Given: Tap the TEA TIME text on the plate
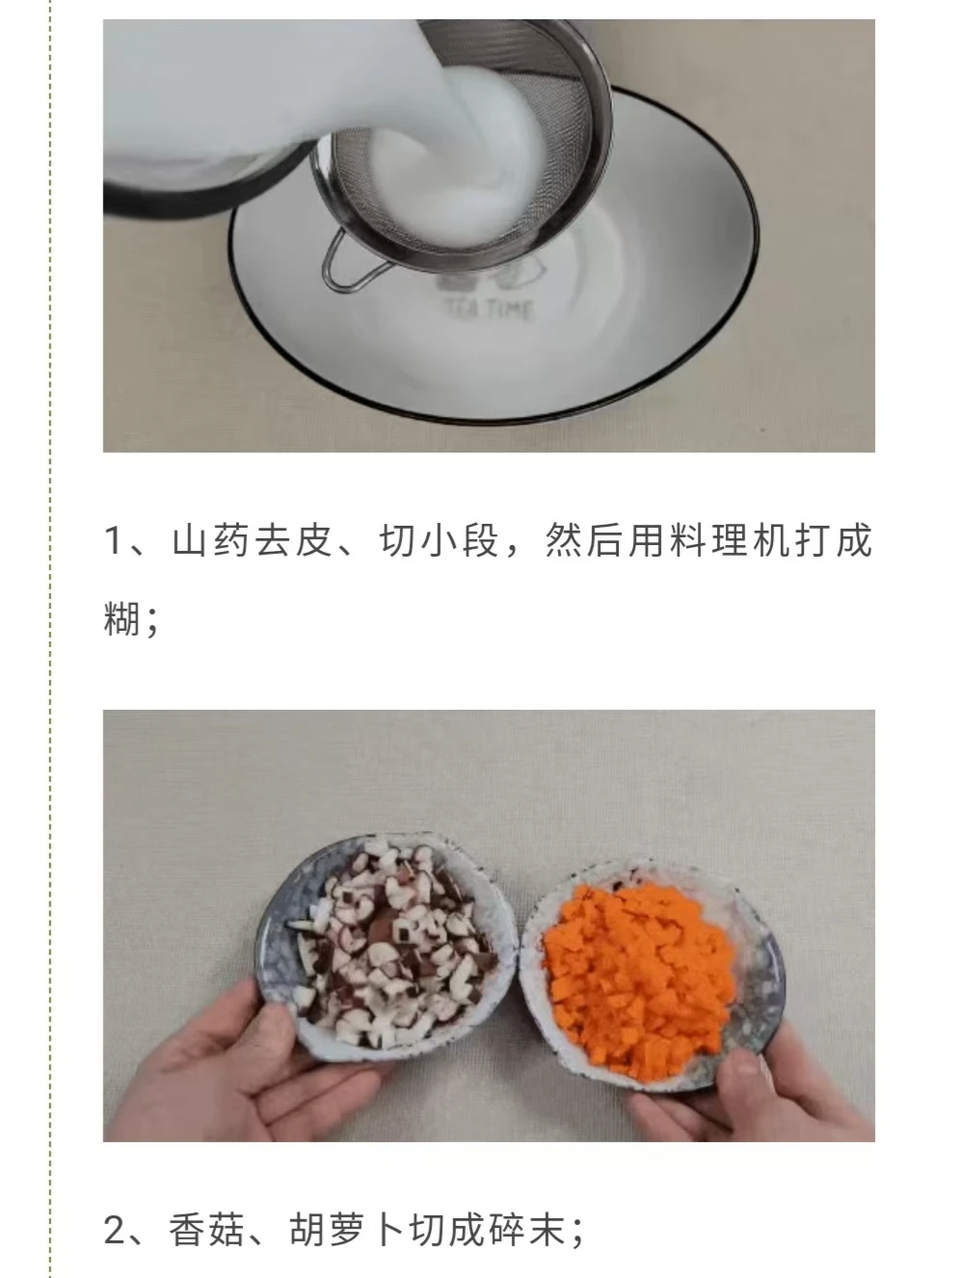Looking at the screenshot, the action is pos(489,308).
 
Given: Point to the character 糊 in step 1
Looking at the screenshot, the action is pos(121,618).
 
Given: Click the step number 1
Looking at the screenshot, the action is pos(114,540).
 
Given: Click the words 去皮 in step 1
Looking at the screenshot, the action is pos(294,540).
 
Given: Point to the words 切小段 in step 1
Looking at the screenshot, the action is pos(440,540).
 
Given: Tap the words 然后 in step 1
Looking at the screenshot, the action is pos(585,540).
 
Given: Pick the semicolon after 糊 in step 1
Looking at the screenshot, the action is pos(152,623).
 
